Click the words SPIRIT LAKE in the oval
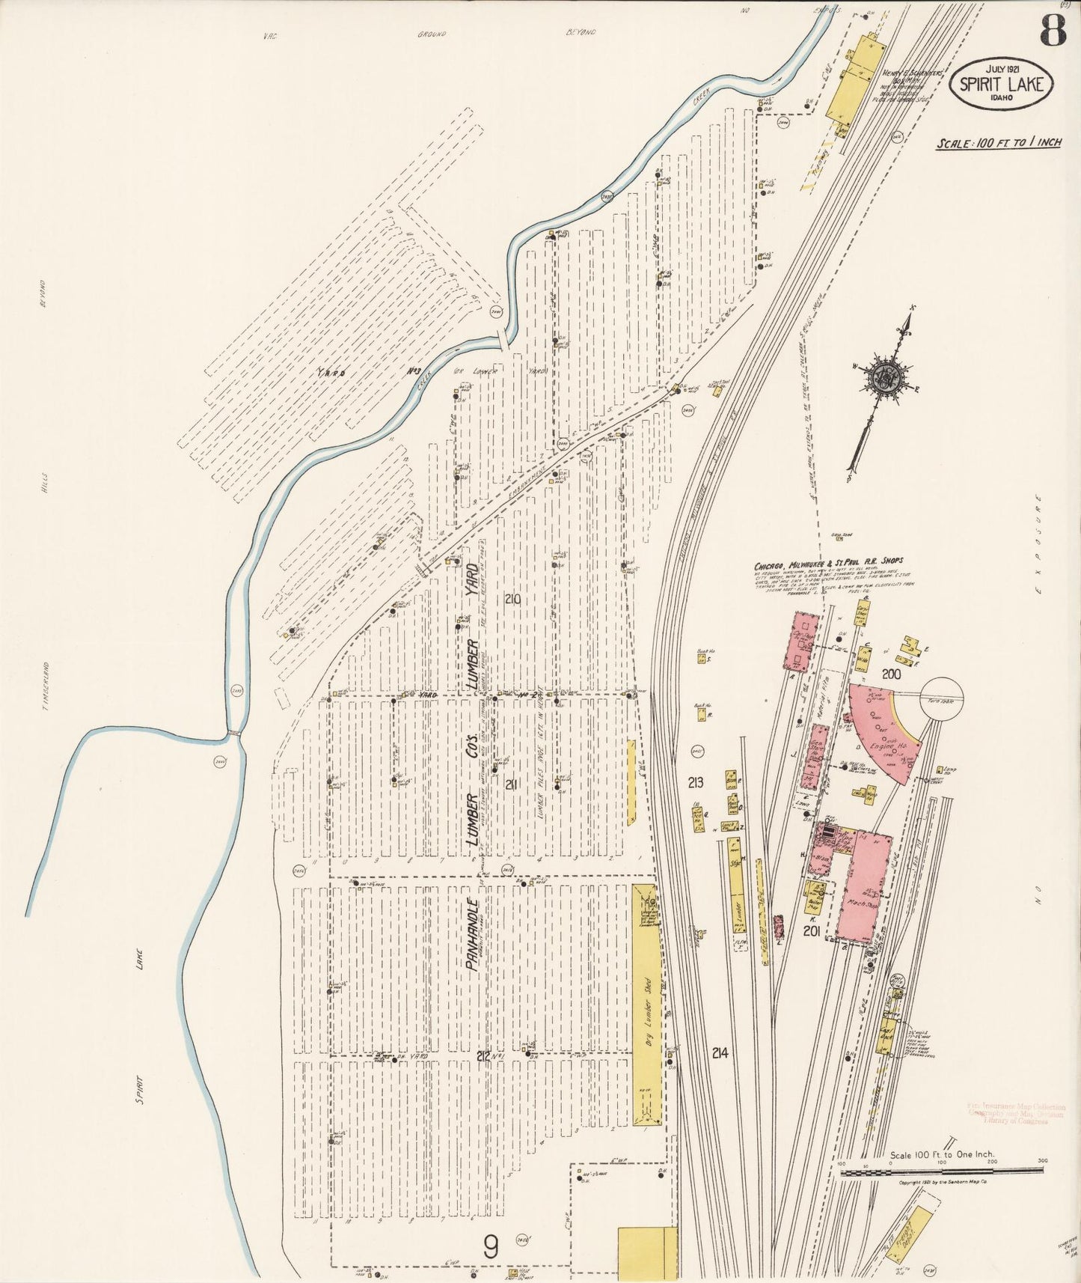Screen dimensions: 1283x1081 [x=1001, y=84]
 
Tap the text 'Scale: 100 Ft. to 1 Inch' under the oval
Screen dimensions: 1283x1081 [x=998, y=142]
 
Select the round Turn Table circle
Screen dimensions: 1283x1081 [x=942, y=699]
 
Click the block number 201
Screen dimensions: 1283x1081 [x=813, y=930]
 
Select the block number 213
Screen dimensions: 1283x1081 [x=696, y=783]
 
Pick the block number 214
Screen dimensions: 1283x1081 [x=720, y=1052]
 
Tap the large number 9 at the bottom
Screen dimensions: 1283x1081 [x=490, y=1246]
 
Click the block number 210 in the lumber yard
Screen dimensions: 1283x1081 [x=512, y=599]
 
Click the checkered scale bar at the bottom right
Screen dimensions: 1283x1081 [x=941, y=1172]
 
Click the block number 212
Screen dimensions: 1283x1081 [x=483, y=1056]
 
